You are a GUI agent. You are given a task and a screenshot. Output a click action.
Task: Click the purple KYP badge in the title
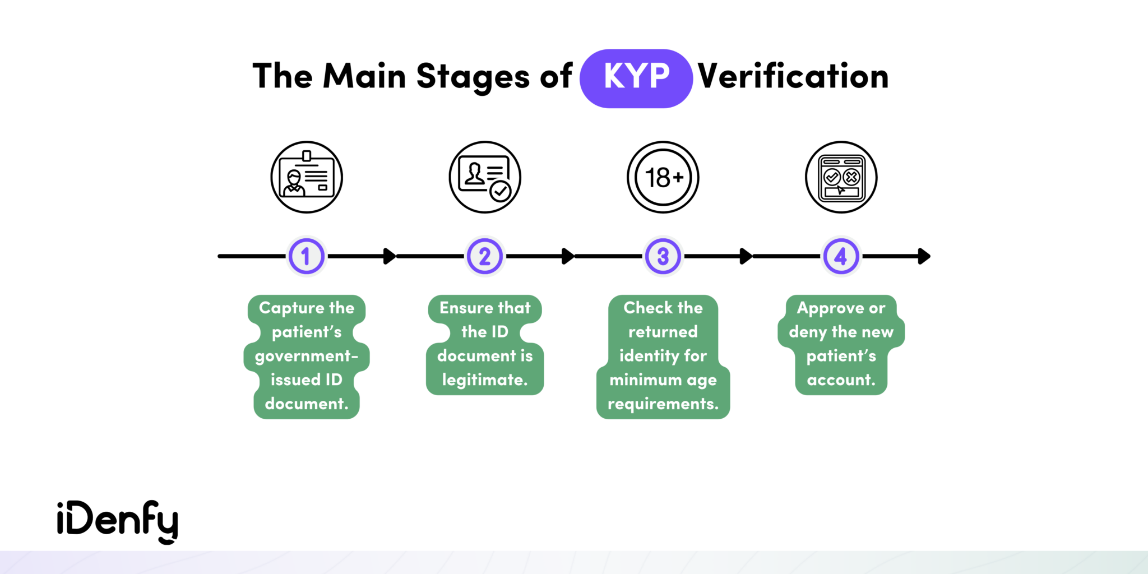(x=636, y=78)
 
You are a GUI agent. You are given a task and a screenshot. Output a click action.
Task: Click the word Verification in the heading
(x=793, y=76)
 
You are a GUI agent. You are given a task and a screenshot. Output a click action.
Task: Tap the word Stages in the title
(x=473, y=77)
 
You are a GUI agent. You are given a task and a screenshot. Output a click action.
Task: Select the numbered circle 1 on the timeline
(x=306, y=256)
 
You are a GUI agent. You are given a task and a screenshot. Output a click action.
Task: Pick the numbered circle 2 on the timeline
(x=485, y=256)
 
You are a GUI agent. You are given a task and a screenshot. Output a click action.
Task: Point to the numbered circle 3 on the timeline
(x=663, y=256)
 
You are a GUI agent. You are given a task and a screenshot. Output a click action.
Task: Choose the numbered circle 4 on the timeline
(x=841, y=256)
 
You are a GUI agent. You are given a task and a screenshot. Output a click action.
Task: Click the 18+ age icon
(x=663, y=177)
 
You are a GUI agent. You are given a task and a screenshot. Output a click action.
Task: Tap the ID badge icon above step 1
(x=307, y=177)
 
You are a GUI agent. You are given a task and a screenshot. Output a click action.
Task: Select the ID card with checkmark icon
(x=485, y=177)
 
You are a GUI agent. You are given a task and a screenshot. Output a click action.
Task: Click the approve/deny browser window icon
(x=841, y=177)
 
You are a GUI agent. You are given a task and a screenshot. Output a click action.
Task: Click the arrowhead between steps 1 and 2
(x=389, y=256)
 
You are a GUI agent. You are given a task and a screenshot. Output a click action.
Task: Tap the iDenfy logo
(x=118, y=521)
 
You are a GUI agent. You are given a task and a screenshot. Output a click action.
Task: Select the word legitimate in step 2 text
(x=485, y=380)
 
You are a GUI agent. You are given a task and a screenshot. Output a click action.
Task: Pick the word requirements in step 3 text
(x=663, y=404)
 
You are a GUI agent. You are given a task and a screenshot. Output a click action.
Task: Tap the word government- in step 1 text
(x=307, y=356)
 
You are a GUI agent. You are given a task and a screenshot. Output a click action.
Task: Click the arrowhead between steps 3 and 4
(x=746, y=256)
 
